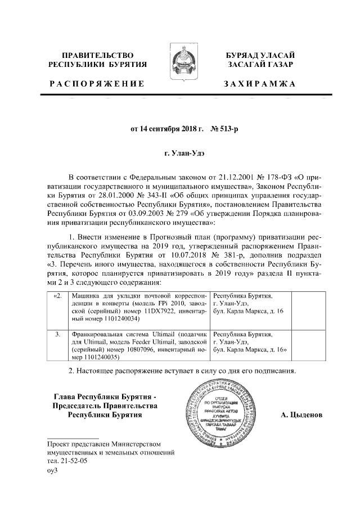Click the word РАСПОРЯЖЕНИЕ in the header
(96, 84)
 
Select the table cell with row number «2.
(57, 295)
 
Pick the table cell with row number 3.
(57, 334)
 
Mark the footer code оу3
(52, 471)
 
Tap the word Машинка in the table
(86, 295)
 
